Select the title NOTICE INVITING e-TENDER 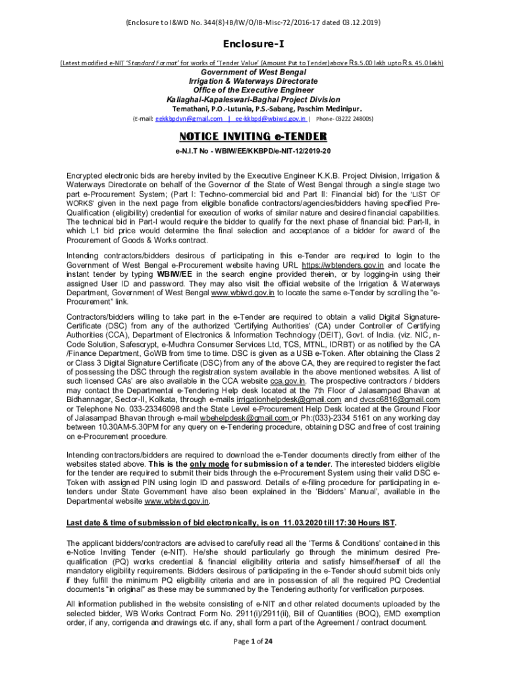click(x=254, y=136)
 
